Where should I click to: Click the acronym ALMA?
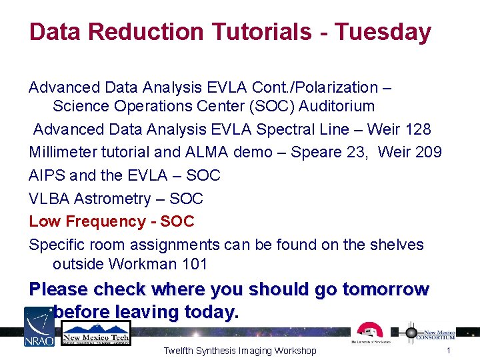pos(204,152)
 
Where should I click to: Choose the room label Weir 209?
pos(409,152)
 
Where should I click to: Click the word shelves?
pos(396,245)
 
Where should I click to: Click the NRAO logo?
pos(39,326)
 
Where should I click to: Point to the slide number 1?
pos(449,351)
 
